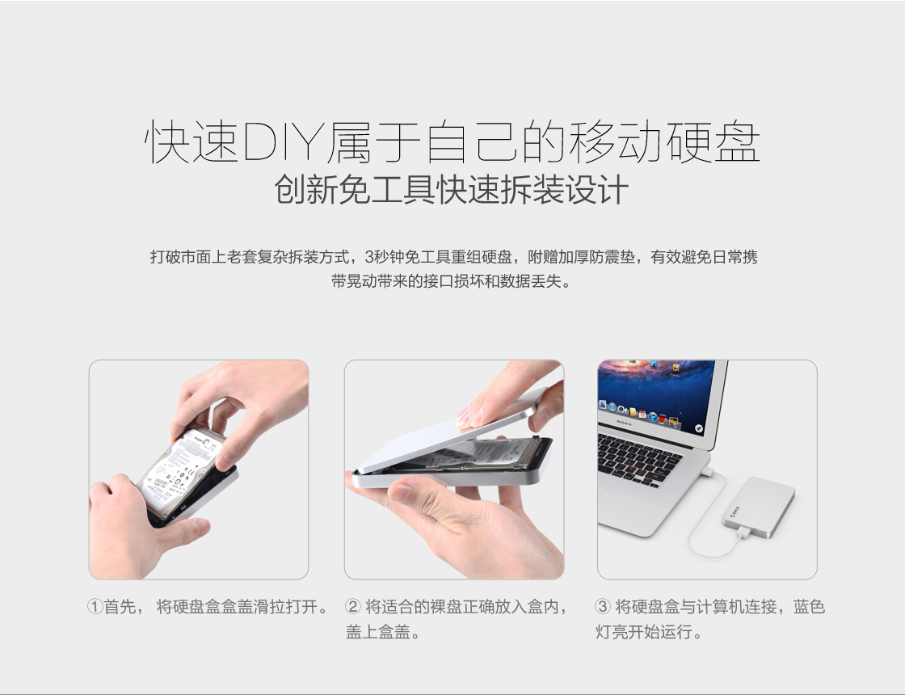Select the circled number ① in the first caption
point(95,607)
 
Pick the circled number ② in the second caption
point(352,607)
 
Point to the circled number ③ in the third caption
point(603,607)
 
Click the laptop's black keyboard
point(638,460)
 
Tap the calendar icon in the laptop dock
point(642,415)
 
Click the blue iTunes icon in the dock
point(653,417)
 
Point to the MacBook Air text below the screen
point(625,423)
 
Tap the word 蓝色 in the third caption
point(809,607)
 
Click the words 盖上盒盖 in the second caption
point(378,632)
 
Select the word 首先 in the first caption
point(120,607)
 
